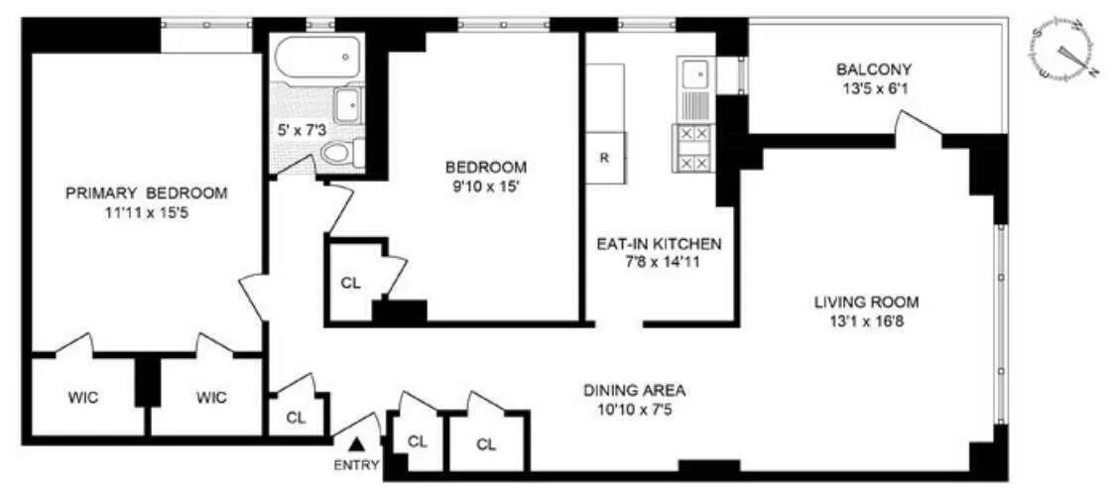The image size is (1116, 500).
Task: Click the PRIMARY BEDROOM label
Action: click(146, 192)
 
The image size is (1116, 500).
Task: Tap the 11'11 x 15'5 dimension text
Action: click(146, 211)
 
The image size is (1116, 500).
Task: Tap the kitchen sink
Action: click(695, 73)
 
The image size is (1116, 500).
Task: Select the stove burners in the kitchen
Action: click(693, 147)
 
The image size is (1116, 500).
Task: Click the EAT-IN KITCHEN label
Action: click(659, 244)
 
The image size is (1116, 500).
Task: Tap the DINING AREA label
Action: click(634, 390)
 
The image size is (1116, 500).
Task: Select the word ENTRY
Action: click(357, 465)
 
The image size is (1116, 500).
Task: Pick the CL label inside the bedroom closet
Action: click(350, 281)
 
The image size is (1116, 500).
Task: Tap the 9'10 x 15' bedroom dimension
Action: click(485, 185)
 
